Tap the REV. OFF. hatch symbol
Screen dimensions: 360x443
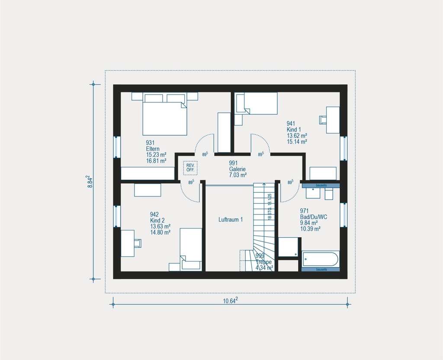click(x=190, y=168)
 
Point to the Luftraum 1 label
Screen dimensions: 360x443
click(x=231, y=220)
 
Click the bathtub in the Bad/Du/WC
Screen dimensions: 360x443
click(x=321, y=259)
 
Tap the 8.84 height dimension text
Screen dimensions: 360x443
click(x=90, y=181)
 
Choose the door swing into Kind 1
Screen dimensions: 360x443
click(x=261, y=144)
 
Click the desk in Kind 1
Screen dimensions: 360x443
click(x=332, y=120)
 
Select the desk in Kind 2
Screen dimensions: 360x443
click(x=127, y=243)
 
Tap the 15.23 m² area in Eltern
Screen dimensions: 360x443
click(x=157, y=155)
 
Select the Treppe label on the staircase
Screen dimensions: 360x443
click(x=264, y=262)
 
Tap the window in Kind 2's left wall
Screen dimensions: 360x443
click(x=117, y=216)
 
